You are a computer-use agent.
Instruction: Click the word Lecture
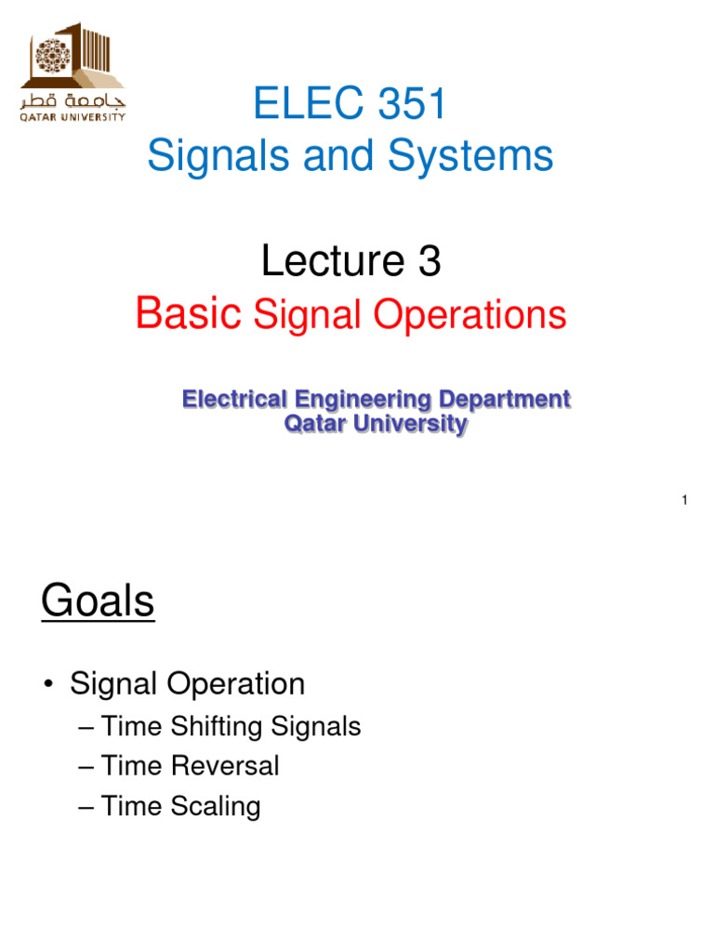pos(321,263)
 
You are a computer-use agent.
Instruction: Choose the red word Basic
pos(189,315)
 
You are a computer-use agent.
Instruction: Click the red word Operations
pos(469,315)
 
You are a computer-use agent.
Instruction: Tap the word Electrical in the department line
pos(235,400)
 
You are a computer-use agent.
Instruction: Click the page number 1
pos(683,501)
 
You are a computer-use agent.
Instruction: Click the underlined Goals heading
pos(98,602)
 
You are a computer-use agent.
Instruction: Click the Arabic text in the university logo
pos(73,100)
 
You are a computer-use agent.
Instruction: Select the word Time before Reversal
pos(136,766)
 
